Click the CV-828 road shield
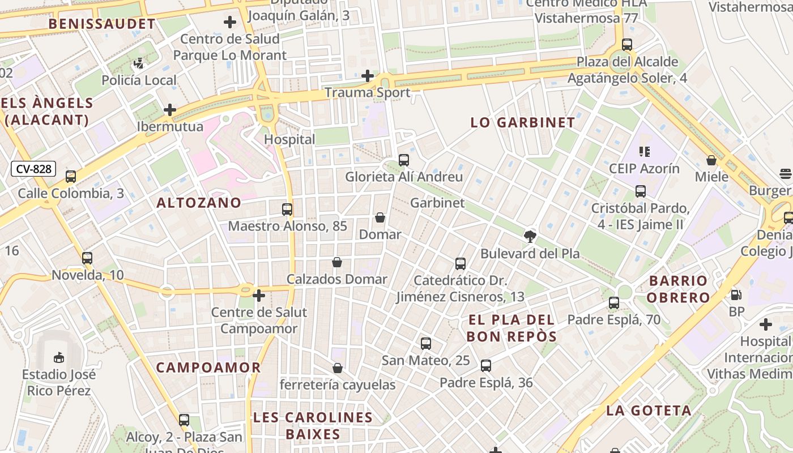(x=34, y=169)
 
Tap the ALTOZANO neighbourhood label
(x=199, y=203)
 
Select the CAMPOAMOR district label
(x=208, y=367)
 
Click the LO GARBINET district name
(x=523, y=122)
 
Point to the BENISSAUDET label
(x=102, y=24)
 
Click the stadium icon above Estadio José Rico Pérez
(x=59, y=357)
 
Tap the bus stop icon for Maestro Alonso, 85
(x=287, y=210)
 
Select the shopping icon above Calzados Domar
(x=337, y=262)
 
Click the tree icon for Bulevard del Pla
(x=530, y=237)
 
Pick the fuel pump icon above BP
(x=736, y=294)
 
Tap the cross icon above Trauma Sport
(x=368, y=76)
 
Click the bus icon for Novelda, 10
(x=87, y=258)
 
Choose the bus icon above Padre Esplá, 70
(x=614, y=303)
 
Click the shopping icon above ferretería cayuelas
(x=338, y=368)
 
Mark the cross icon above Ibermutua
(x=170, y=110)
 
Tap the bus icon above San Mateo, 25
(x=426, y=343)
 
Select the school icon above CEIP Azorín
(x=644, y=151)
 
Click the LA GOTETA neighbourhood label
(x=649, y=411)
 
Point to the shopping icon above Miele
(x=711, y=160)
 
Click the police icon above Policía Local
(x=139, y=63)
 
